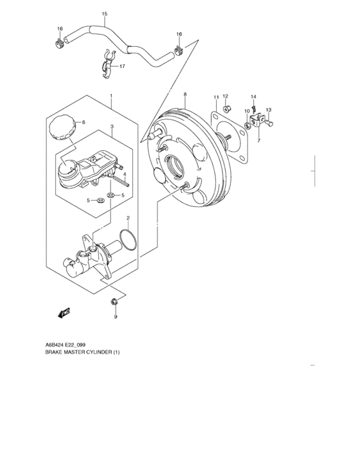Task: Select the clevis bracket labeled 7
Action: (259, 120)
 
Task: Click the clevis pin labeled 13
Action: (270, 120)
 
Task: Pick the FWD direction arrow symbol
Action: (62, 314)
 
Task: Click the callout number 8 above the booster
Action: (185, 95)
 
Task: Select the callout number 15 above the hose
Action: (105, 14)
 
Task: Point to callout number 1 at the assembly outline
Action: (111, 96)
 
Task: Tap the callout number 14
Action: (253, 96)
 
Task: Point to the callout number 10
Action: (246, 111)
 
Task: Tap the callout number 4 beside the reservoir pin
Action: (125, 175)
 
